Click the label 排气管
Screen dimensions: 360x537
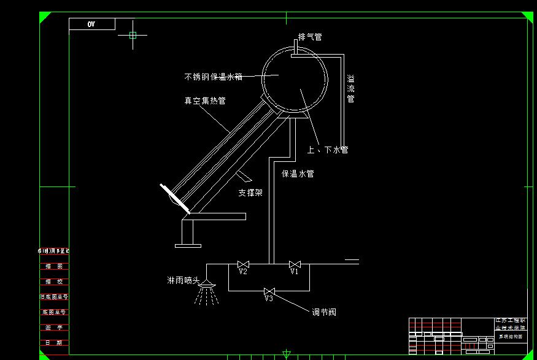pyautogui.click(x=310, y=37)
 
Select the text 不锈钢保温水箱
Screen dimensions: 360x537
pyautogui.click(x=213, y=77)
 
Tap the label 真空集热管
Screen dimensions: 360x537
pyautogui.click(x=205, y=101)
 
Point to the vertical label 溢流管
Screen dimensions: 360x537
pyautogui.click(x=350, y=89)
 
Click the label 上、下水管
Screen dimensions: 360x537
pyautogui.click(x=328, y=150)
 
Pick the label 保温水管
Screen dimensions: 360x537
pyautogui.click(x=298, y=174)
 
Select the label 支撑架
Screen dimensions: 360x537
pyautogui.click(x=250, y=193)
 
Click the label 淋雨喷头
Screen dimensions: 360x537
pyautogui.click(x=184, y=281)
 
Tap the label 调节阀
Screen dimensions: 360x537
pyautogui.click(x=324, y=312)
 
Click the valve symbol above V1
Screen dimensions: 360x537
pyautogui.click(x=295, y=264)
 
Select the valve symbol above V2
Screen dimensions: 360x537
pyautogui.click(x=242, y=264)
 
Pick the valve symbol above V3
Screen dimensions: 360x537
pyautogui.click(x=269, y=291)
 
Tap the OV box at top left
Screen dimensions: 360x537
pyautogui.click(x=91, y=24)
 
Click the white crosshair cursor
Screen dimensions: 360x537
pyautogui.click(x=133, y=35)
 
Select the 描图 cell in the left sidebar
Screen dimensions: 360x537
pyautogui.click(x=55, y=266)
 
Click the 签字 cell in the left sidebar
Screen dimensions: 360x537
pyautogui.click(x=55, y=327)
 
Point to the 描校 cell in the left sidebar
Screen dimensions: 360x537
pyautogui.click(x=55, y=281)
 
